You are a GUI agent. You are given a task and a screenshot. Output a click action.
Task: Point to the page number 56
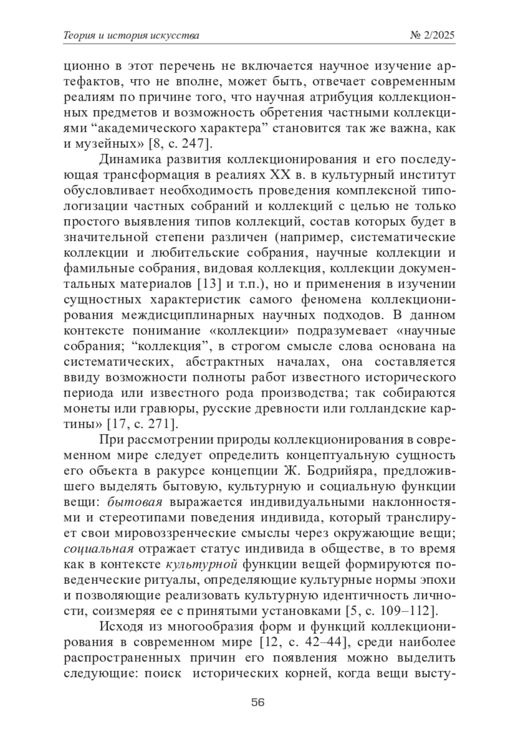258,702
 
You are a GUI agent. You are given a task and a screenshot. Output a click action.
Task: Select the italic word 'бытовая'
135,502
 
